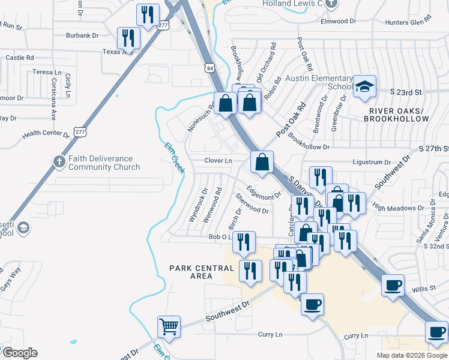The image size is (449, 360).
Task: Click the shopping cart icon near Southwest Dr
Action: [169, 327]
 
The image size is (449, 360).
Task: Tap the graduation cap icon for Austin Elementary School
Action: [364, 87]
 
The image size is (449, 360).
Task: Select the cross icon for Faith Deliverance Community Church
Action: [59, 161]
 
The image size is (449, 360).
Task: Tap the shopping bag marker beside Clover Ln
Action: [262, 162]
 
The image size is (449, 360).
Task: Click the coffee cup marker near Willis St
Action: [393, 286]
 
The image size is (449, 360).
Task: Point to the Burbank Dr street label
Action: [82, 35]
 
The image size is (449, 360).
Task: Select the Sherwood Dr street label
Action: [252, 204]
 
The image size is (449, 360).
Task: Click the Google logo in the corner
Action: [20, 353]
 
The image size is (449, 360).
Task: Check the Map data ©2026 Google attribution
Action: [412, 355]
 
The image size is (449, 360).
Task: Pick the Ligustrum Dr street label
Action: [370, 162]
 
